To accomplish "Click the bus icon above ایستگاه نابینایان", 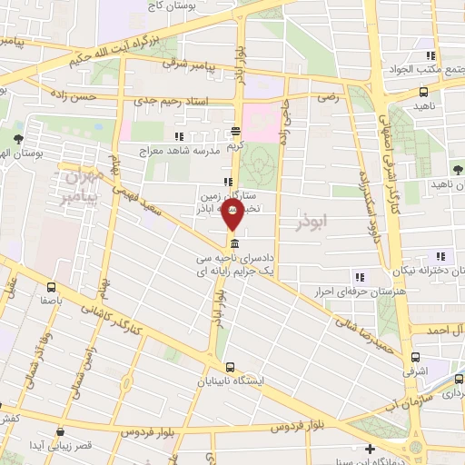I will pos(230,367).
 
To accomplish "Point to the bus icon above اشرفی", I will pos(417,357).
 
